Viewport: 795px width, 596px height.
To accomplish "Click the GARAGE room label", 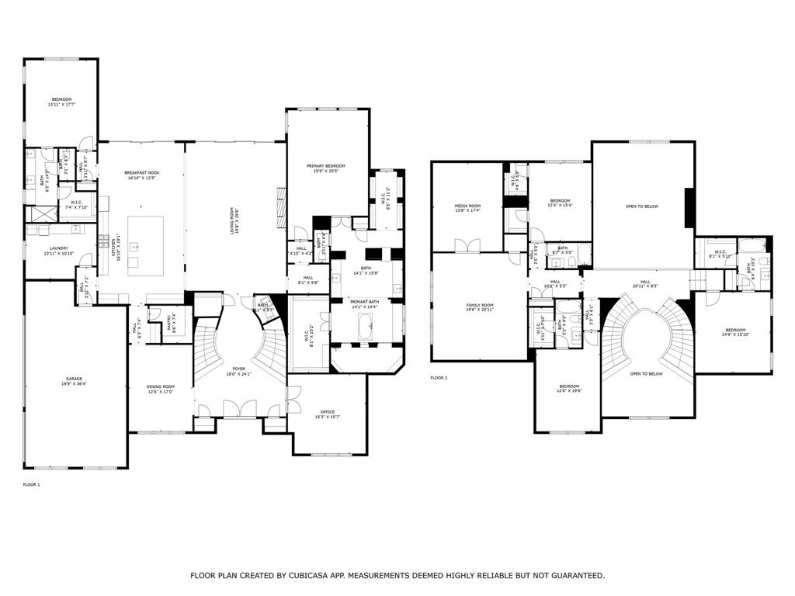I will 74,379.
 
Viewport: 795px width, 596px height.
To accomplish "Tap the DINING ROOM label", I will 160,386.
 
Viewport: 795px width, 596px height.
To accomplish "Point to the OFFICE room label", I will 327,412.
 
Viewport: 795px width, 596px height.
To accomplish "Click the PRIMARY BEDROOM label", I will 325,166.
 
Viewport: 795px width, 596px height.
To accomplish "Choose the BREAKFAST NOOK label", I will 141,173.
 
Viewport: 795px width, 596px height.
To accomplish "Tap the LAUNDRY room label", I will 59,248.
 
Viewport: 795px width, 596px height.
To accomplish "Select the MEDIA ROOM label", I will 467,206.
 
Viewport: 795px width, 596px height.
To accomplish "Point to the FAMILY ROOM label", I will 479,305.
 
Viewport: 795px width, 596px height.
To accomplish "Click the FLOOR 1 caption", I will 31,485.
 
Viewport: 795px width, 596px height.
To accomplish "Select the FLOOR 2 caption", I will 439,378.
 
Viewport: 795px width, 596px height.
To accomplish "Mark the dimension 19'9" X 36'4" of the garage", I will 74,384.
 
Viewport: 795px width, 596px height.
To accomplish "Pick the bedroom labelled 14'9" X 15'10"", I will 734,333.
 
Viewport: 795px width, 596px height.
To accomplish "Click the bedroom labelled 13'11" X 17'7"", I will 61,102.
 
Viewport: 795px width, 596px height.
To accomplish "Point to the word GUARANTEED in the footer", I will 573,576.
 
